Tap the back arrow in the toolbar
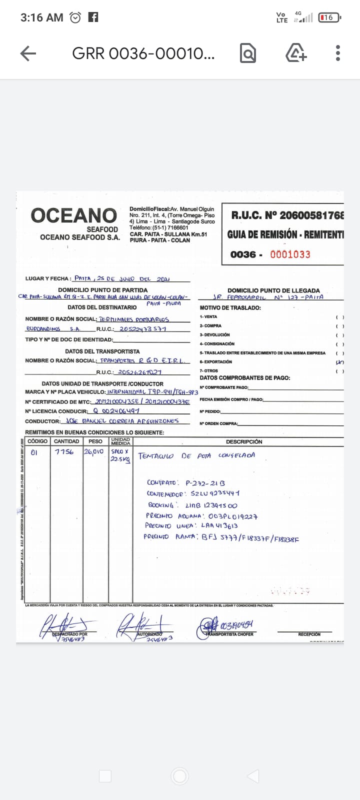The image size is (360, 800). pyautogui.click(x=28, y=53)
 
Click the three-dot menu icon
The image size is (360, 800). pyautogui.click(x=338, y=53)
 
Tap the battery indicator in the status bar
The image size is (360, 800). pyautogui.click(x=329, y=17)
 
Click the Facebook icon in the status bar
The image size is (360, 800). pyautogui.click(x=93, y=17)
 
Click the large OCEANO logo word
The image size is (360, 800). pyautogui.click(x=74, y=215)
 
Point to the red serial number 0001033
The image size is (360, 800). pyautogui.click(x=290, y=254)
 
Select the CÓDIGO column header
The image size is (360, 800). pyautogui.click(x=37, y=441)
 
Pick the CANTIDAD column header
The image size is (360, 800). pyautogui.click(x=66, y=441)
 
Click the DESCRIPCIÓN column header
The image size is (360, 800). pyautogui.click(x=244, y=441)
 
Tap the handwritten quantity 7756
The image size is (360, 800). pyautogui.click(x=64, y=451)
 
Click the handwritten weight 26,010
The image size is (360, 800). pyautogui.click(x=93, y=451)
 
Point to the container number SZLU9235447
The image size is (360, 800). pyautogui.click(x=215, y=493)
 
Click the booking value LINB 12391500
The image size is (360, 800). pyautogui.click(x=211, y=505)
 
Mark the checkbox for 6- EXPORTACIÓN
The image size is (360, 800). pyautogui.click(x=340, y=362)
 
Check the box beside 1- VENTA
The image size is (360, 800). pyautogui.click(x=340, y=317)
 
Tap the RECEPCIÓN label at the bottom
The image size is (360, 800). pyautogui.click(x=309, y=634)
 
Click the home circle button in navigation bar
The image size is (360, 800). pyautogui.click(x=179, y=776)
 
